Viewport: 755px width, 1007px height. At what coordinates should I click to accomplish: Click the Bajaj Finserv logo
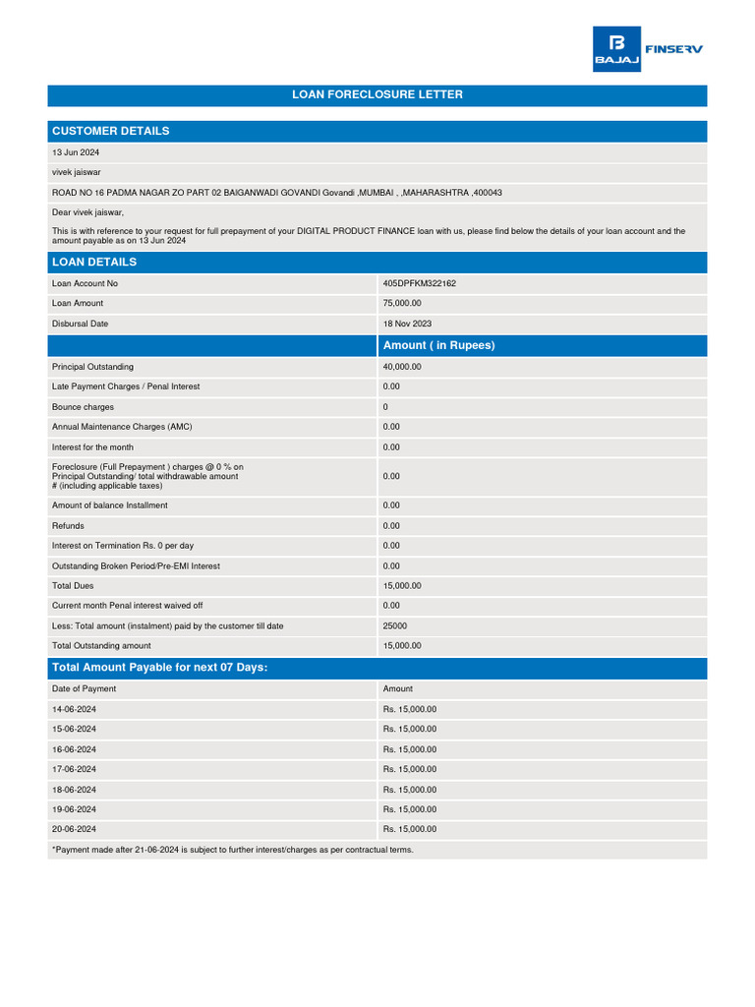647,49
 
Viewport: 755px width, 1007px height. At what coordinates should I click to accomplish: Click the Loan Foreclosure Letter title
377,95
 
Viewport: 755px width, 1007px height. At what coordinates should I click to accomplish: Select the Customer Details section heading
110,131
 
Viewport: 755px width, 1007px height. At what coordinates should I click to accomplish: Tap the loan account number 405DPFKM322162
420,283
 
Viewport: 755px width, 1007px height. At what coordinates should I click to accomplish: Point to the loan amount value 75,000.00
402,304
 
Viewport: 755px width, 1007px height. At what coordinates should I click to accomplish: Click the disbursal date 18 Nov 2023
407,324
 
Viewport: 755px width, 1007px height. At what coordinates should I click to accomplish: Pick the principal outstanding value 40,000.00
402,367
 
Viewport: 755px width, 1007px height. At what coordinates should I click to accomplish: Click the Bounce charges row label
83,407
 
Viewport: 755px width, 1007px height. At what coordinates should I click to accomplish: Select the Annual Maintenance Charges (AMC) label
122,427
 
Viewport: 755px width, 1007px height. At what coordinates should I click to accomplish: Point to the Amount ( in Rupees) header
438,345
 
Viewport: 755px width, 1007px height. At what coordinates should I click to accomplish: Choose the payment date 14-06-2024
74,709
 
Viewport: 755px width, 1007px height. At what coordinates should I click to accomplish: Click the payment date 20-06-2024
74,830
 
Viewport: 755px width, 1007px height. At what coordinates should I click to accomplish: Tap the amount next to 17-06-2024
410,769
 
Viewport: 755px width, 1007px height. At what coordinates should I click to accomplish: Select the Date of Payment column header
84,689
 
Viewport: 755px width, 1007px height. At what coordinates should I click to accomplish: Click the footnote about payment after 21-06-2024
232,850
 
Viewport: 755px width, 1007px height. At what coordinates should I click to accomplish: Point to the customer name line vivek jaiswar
77,172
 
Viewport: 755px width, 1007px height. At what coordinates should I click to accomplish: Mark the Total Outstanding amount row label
101,646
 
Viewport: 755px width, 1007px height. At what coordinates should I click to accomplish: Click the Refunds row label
68,526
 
